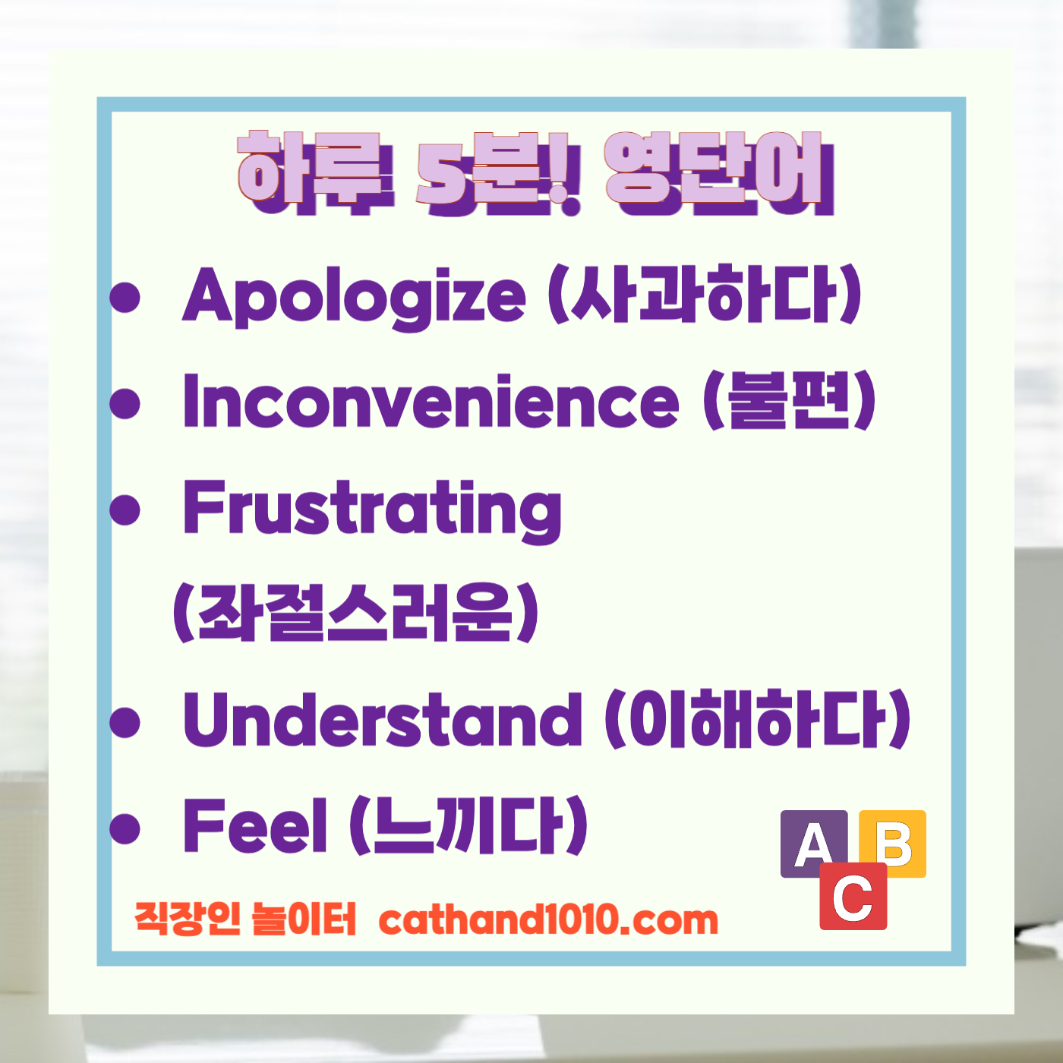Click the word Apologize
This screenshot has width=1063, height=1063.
click(x=354, y=297)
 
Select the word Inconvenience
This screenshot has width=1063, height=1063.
click(x=431, y=402)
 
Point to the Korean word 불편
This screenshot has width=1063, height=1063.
click(x=790, y=400)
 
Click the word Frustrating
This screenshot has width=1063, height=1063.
click(x=372, y=509)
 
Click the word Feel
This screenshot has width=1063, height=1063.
click(x=256, y=825)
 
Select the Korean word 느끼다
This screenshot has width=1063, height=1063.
click(x=468, y=825)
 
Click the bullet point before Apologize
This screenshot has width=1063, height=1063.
click(x=125, y=297)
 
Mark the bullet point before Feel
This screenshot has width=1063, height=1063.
click(x=125, y=827)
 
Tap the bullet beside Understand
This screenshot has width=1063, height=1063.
click(x=125, y=721)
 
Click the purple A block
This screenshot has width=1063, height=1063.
click(x=812, y=843)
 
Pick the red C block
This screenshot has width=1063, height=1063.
click(x=853, y=897)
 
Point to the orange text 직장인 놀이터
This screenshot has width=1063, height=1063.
click(x=245, y=919)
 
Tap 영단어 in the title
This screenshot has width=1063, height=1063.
click(x=717, y=173)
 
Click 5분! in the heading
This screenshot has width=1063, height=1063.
click(x=498, y=173)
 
